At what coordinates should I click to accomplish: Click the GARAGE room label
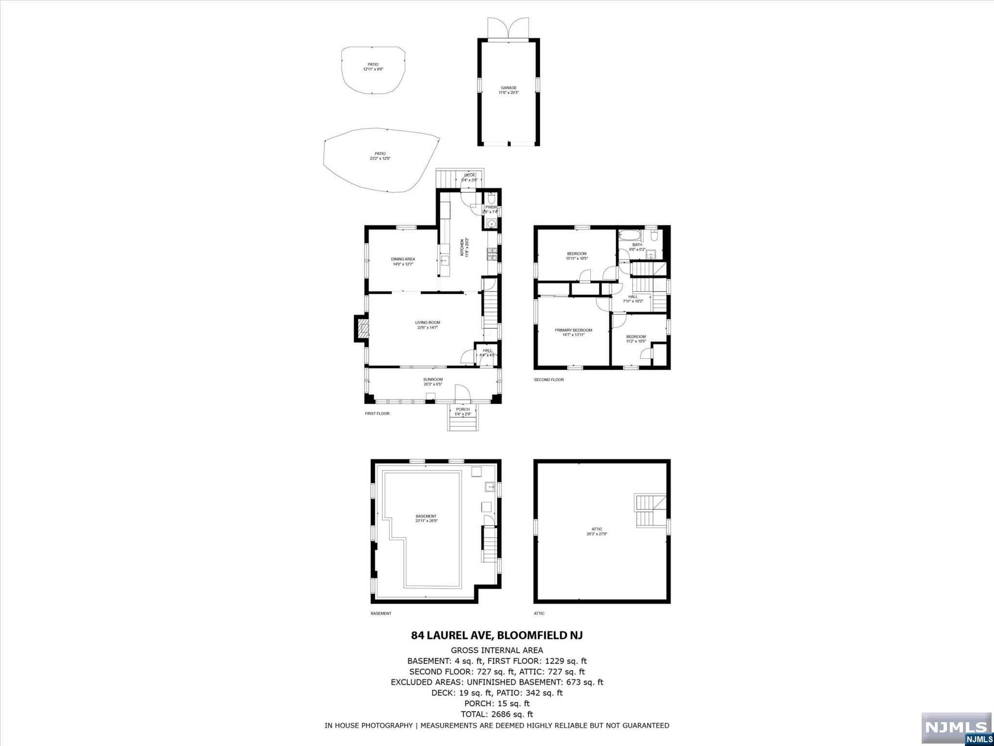pos(509,88)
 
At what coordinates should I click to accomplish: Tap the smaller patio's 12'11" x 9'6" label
pos(373,69)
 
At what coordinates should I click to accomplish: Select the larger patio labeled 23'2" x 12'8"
pos(380,156)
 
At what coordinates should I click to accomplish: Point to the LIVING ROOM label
pos(427,322)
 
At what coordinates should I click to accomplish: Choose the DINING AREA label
pos(403,259)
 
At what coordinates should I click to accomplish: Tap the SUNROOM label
pos(432,379)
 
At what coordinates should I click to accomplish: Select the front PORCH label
pos(463,409)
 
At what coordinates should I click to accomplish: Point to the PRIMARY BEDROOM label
pos(573,330)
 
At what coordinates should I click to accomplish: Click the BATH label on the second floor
pos(637,245)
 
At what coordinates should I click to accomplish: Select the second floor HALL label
pos(633,296)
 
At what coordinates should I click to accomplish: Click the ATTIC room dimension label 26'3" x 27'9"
pos(596,534)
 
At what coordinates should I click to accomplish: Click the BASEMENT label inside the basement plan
pos(426,516)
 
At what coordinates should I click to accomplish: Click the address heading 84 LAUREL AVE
pos(497,635)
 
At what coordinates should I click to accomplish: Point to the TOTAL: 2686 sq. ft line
pos(497,714)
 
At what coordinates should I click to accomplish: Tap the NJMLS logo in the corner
pos(956,727)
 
